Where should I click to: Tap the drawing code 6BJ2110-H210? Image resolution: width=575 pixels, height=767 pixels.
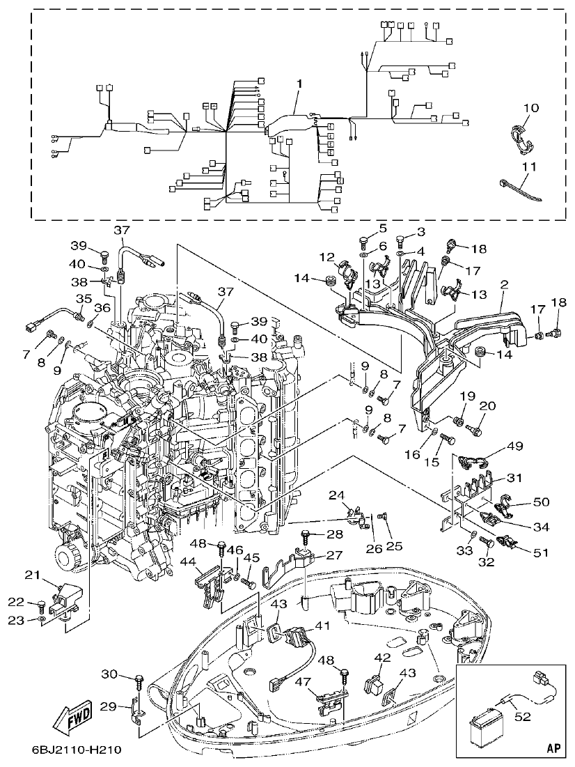(x=77, y=750)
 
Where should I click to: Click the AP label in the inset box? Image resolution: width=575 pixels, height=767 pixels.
(x=553, y=748)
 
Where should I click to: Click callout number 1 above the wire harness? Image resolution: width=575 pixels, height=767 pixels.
(x=299, y=84)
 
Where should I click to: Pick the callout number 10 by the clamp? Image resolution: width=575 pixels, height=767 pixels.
(x=530, y=108)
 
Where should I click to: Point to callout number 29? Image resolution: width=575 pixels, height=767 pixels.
(x=107, y=706)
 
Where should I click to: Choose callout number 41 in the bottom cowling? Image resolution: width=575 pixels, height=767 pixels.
(x=321, y=626)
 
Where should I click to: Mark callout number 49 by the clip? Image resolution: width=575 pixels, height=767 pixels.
(x=514, y=446)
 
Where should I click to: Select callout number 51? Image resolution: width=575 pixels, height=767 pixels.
(x=540, y=553)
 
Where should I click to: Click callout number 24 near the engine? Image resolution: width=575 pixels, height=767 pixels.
(x=336, y=496)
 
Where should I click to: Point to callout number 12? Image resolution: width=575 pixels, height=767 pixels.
(x=327, y=258)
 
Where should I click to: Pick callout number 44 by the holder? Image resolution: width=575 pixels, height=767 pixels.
(x=187, y=561)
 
